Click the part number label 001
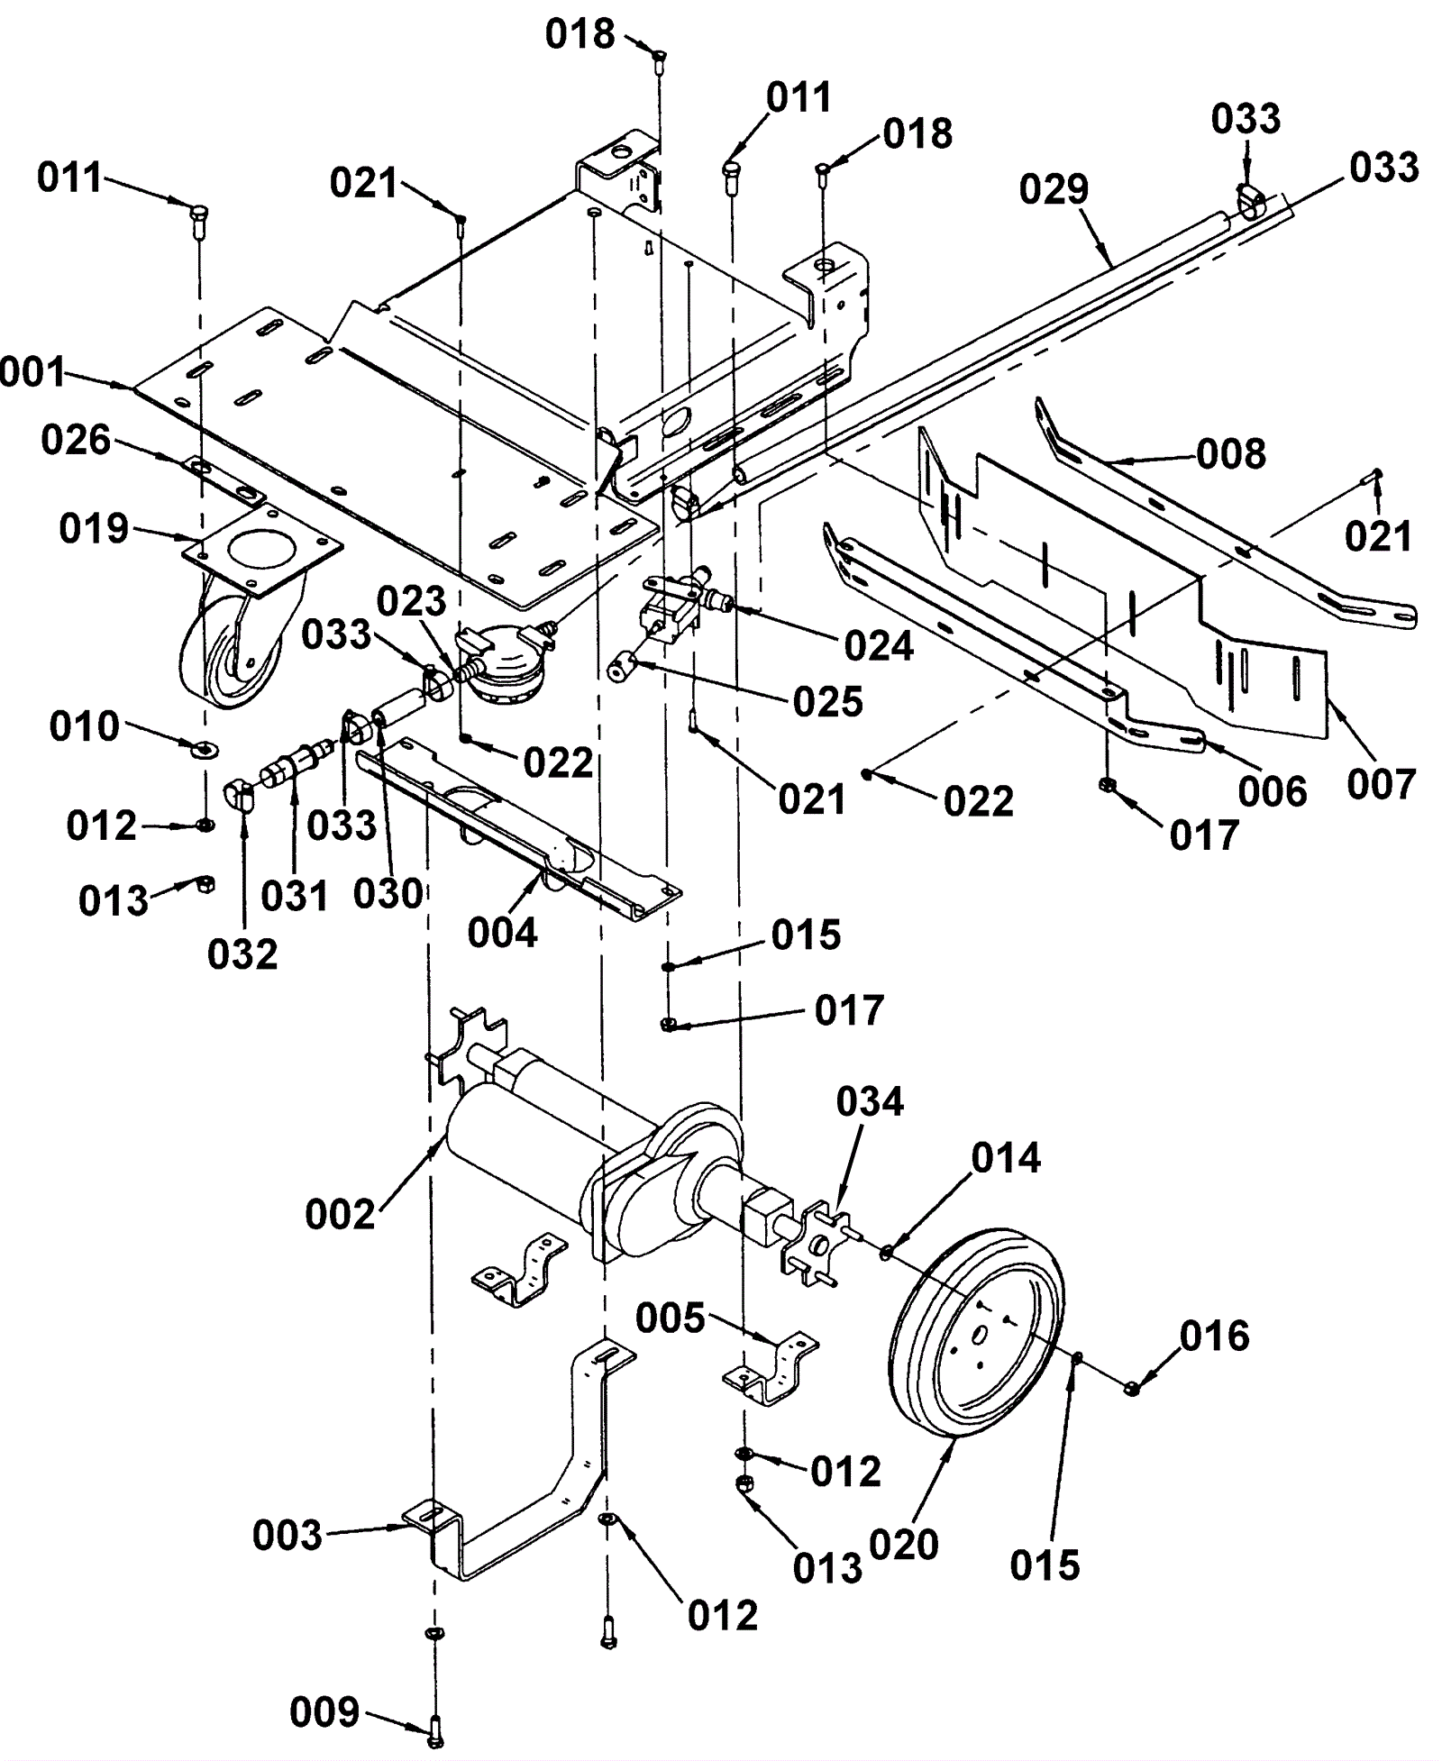(x=32, y=372)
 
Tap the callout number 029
(x=1054, y=190)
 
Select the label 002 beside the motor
(x=340, y=1215)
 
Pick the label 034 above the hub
(x=870, y=1101)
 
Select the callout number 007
(x=1382, y=783)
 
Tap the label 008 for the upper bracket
(x=1231, y=453)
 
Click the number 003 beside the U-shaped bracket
(x=287, y=1536)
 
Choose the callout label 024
(x=879, y=646)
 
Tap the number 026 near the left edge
(x=76, y=441)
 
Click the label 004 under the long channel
(x=502, y=933)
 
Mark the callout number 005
(x=670, y=1318)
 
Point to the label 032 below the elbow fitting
(x=242, y=954)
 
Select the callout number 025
(x=828, y=702)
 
